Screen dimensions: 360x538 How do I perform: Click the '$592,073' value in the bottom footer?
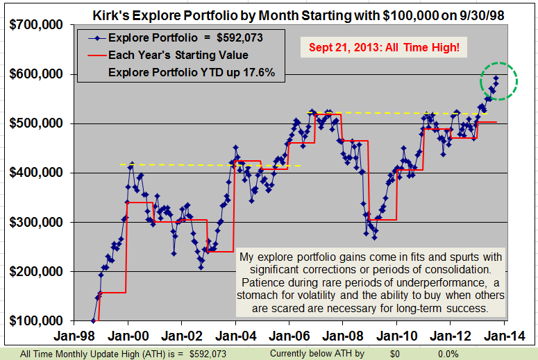point(208,354)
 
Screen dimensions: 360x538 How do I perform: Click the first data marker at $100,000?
point(94,320)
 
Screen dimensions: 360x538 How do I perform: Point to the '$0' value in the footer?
point(394,354)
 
